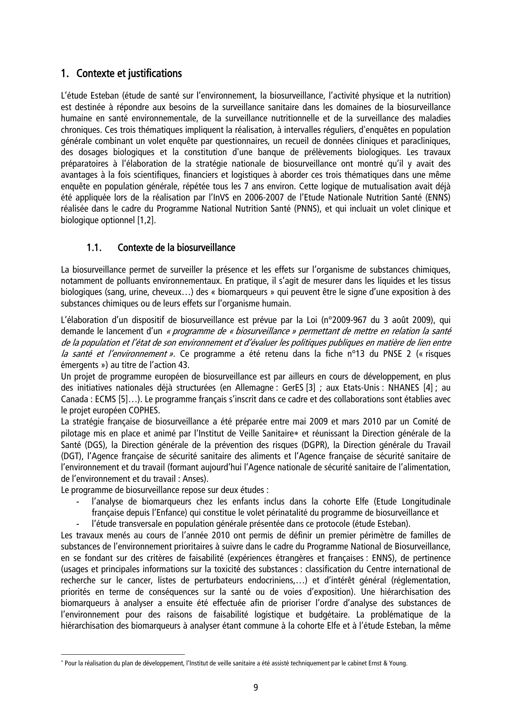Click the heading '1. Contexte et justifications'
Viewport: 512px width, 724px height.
tap(121, 74)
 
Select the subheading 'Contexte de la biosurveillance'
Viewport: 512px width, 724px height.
tap(176, 248)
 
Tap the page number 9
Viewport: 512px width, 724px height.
tap(256, 687)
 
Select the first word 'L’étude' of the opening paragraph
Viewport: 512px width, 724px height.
tap(73, 96)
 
